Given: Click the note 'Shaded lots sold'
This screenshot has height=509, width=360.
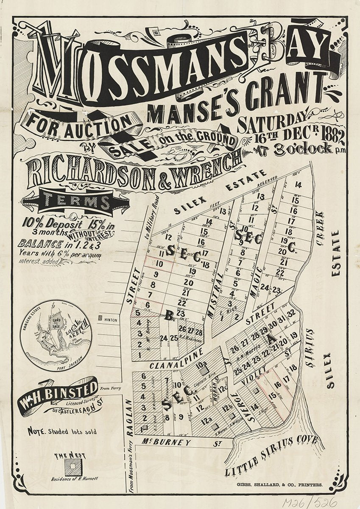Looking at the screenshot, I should (x=61, y=432).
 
